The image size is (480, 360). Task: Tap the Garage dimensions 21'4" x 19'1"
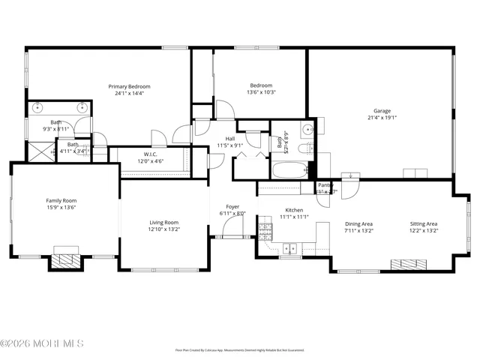(x=381, y=117)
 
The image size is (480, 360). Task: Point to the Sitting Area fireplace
(x=409, y=264)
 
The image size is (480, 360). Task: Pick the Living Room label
(x=163, y=222)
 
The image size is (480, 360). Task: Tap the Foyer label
(x=232, y=206)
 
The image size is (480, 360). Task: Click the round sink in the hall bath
(x=307, y=130)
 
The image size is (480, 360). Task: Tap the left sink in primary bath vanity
(x=37, y=107)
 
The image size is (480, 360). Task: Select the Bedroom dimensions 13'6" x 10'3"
(x=260, y=92)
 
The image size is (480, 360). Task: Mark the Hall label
(x=229, y=139)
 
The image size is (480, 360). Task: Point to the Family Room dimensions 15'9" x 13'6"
(x=61, y=208)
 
